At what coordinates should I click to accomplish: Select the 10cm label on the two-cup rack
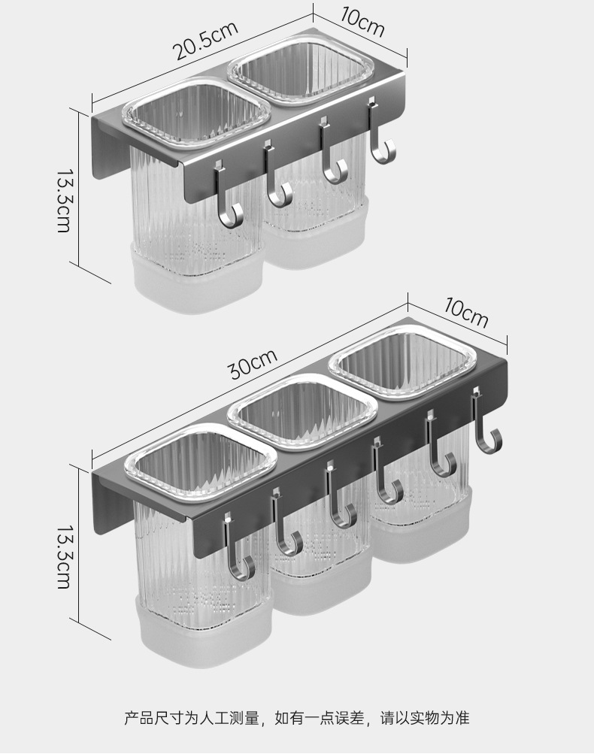(x=362, y=23)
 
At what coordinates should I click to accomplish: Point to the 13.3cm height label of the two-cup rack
(x=63, y=199)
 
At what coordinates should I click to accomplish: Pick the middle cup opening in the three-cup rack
(x=302, y=411)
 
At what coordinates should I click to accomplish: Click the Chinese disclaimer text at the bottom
(x=296, y=719)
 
